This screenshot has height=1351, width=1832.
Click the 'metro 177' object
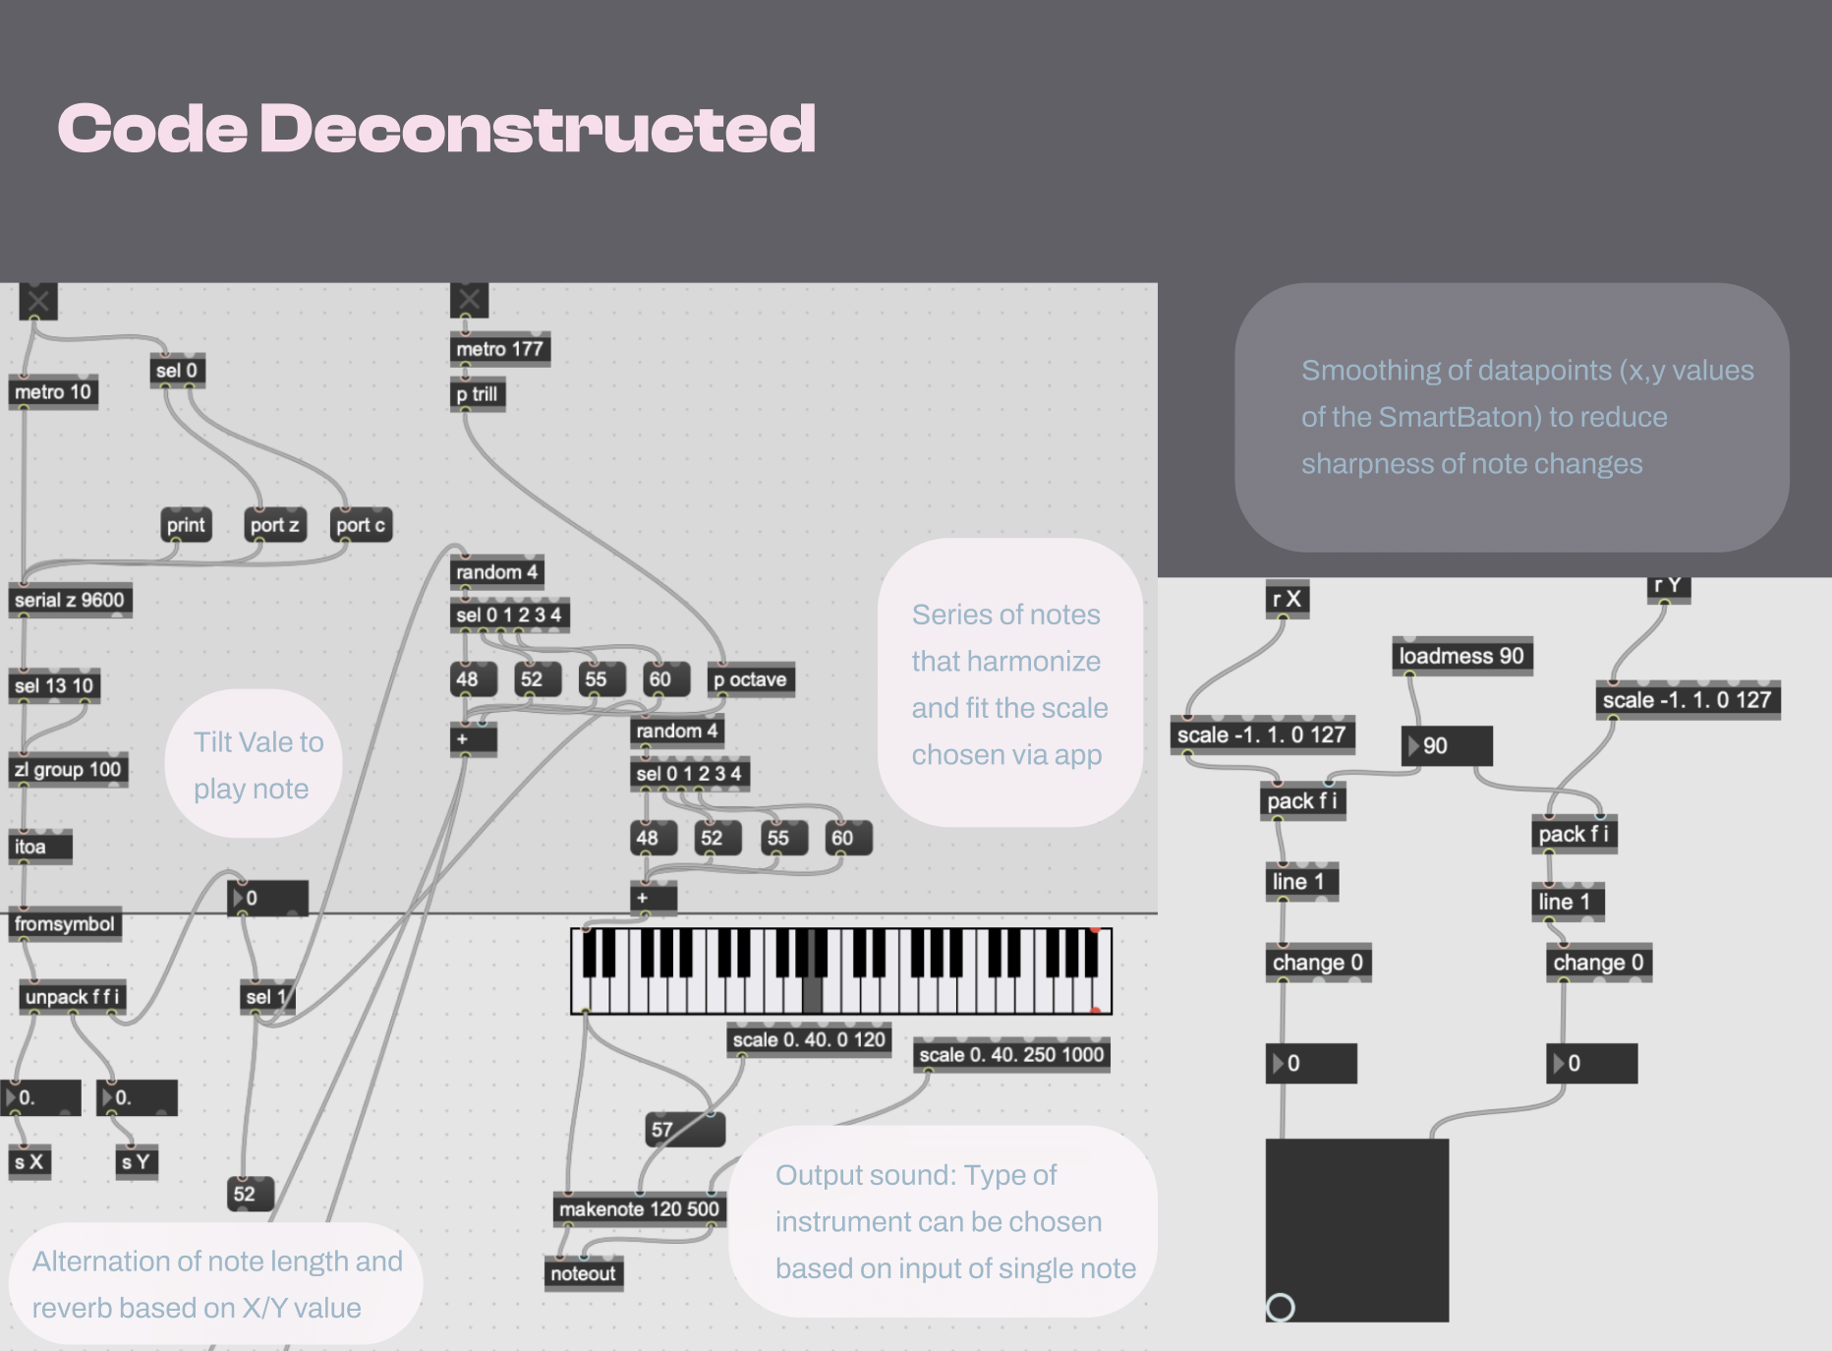point(499,349)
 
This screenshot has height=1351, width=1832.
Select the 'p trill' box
point(478,394)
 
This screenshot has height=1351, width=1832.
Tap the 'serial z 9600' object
point(70,600)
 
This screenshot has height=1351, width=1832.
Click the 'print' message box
point(186,525)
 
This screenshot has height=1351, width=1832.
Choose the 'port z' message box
point(274,525)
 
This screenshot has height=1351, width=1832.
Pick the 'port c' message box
point(361,525)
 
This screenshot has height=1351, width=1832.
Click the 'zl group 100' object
point(68,769)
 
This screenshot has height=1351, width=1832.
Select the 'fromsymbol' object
point(65,924)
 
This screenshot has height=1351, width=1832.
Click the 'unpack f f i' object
point(72,996)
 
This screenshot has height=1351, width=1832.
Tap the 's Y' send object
point(136,1162)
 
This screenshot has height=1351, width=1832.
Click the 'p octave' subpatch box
point(750,679)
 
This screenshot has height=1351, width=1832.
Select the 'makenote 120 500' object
point(639,1208)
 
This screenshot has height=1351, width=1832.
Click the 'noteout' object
point(583,1273)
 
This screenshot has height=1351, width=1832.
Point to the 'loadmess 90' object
point(1461,656)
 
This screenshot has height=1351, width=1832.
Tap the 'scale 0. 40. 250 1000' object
point(1011,1054)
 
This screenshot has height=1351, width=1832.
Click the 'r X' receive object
point(1287,599)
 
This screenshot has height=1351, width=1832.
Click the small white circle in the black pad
point(1280,1307)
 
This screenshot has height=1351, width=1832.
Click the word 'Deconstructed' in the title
point(537,129)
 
